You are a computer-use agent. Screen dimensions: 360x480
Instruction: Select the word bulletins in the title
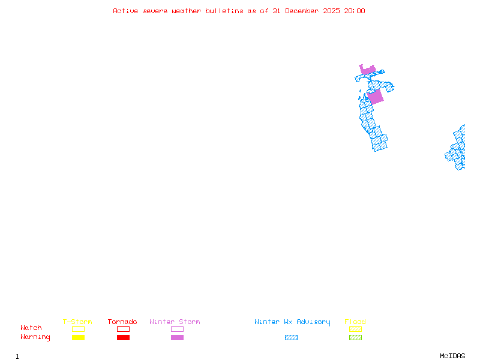coord(224,11)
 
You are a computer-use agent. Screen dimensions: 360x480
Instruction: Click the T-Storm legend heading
coord(77,322)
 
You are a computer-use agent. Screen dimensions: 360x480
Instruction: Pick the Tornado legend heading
coord(122,322)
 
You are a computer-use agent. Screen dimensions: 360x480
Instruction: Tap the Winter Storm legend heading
coord(175,322)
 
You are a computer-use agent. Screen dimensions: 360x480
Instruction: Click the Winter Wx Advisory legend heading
coord(292,322)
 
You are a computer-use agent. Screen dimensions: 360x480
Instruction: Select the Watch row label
coord(31,328)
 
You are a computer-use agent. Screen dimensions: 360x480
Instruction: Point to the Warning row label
coord(35,337)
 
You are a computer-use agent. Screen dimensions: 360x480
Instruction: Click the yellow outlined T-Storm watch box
coord(78,329)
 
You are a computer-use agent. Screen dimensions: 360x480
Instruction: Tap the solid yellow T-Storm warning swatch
coord(78,337)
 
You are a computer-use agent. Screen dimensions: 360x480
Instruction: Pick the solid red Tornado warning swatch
coord(123,337)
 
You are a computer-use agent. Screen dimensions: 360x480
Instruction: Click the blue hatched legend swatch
coord(291,337)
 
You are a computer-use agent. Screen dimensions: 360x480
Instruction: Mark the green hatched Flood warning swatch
coord(355,337)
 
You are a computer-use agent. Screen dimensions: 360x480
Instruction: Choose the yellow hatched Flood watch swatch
coord(355,329)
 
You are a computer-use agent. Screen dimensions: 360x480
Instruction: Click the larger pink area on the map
coord(375,97)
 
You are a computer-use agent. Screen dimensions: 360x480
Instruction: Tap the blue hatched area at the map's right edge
coord(458,150)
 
